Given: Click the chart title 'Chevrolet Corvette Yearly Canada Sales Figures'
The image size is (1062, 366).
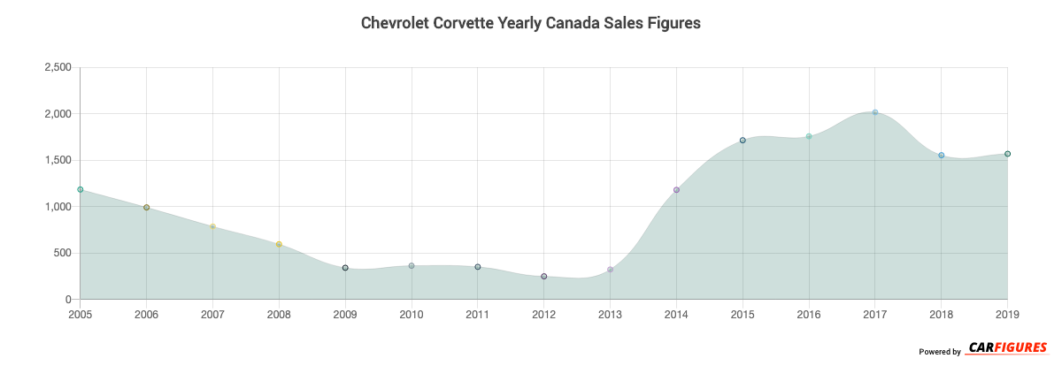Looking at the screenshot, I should coord(530,23).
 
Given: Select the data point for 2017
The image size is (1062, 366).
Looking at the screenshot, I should coord(875,112).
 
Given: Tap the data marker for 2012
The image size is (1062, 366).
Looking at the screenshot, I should coord(544,277).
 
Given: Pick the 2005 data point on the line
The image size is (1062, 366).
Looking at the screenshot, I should coord(81,189).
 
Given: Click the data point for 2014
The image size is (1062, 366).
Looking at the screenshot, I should coord(676,190).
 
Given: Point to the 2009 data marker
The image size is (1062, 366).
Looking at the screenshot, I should coord(345,268).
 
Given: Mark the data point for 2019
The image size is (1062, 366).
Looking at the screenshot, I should coord(1007,154).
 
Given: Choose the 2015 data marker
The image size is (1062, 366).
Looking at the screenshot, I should coord(743,141).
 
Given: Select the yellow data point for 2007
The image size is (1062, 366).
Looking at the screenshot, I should coord(213,226).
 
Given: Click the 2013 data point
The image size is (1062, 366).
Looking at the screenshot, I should coord(611,270).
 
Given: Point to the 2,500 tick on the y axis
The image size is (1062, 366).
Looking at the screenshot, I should coord(58,68).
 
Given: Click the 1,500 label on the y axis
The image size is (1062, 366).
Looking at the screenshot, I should coord(58,161).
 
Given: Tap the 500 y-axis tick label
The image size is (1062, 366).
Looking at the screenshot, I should coord(64,254).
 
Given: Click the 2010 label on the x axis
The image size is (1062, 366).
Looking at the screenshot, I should coord(412,314).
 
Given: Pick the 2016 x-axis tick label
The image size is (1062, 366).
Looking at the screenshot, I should coord(809,314).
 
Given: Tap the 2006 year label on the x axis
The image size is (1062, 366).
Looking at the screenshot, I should coord(147,314).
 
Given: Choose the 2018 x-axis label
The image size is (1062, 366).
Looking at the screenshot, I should coord(942,314).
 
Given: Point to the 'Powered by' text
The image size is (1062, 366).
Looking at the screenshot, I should coord(940,352).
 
